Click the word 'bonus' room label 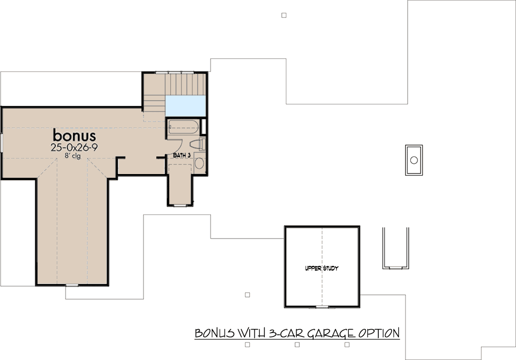pos(75,135)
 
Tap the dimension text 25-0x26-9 pos(75,147)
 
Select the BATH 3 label pos(182,155)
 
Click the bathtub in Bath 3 pos(183,127)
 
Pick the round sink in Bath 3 pos(199,164)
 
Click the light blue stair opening pos(186,106)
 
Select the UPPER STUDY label pos(321,269)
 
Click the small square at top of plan pos(284,15)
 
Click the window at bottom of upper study pos(322,307)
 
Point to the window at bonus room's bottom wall pos(72,285)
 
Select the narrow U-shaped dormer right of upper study pos(396,248)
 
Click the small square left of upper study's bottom pos(248,295)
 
